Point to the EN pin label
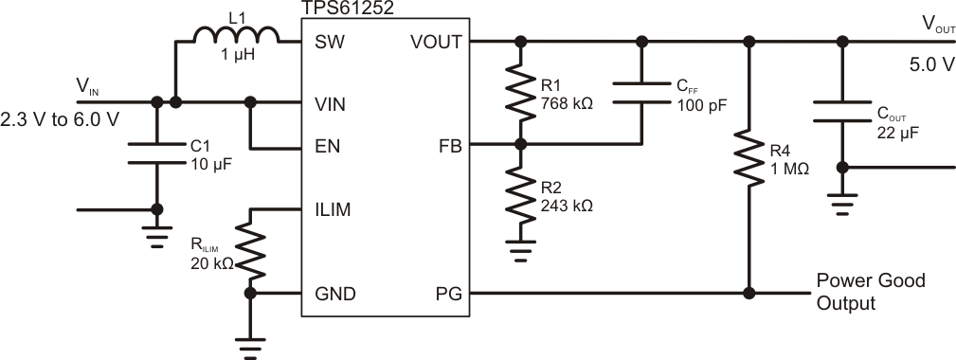[326, 149]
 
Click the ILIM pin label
[333, 210]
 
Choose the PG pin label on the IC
[450, 294]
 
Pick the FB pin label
[450, 149]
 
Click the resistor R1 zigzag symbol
[520, 93]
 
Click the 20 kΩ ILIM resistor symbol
[251, 249]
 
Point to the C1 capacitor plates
[156, 153]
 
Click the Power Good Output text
[870, 292]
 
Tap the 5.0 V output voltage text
[927, 68]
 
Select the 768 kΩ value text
[566, 102]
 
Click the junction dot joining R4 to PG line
[749, 293]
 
